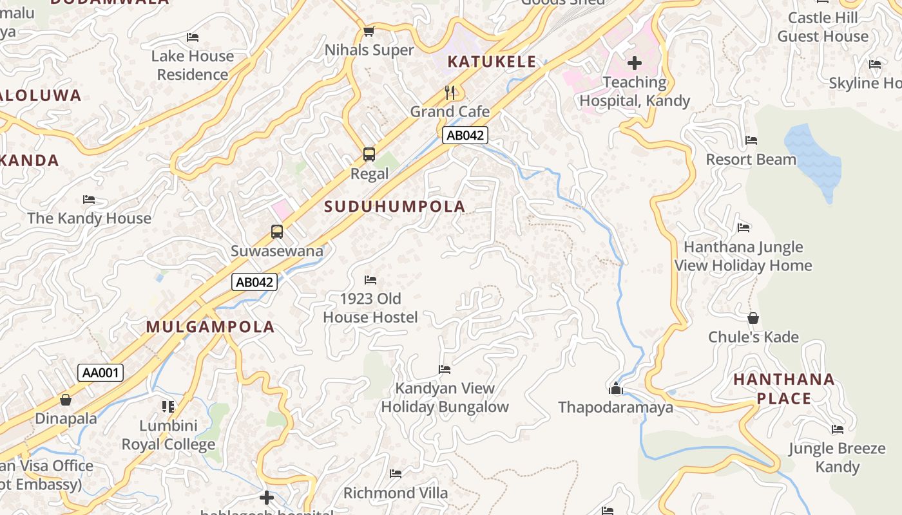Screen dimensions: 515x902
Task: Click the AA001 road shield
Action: [x=101, y=373]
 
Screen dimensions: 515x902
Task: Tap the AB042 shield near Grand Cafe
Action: [x=465, y=135]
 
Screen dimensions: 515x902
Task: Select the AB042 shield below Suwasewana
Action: [x=254, y=282]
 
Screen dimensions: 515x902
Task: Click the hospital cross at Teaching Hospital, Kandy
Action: [x=635, y=63]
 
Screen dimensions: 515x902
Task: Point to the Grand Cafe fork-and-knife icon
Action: [x=450, y=93]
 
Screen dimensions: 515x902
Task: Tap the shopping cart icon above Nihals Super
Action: [x=369, y=31]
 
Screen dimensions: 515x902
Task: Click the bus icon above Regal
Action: [x=369, y=154]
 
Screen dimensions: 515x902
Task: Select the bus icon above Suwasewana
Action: [x=277, y=232]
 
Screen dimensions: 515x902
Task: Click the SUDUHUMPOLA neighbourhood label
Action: [x=395, y=207]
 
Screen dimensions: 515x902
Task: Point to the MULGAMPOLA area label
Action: [x=210, y=327]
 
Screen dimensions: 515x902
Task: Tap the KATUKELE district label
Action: [x=492, y=62]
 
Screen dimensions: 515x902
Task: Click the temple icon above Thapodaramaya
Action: [x=616, y=388]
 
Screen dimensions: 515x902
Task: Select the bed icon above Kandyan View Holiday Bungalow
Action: [x=445, y=370]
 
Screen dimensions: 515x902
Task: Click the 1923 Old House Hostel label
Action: [x=370, y=308]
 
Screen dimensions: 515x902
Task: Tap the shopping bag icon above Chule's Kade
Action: [x=753, y=318]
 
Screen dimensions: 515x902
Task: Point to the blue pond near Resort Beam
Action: [x=814, y=161]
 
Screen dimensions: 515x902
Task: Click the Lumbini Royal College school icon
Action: [x=168, y=406]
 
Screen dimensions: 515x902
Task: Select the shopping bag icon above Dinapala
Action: [x=66, y=400]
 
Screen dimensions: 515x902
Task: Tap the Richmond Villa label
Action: [x=396, y=493]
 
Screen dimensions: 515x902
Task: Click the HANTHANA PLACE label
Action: [x=784, y=389]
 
